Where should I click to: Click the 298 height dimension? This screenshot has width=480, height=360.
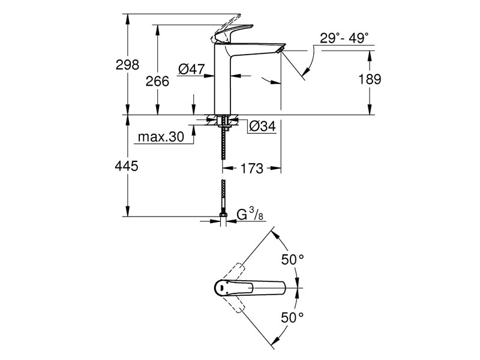[x=127, y=65]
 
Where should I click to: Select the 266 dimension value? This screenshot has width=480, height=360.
[x=157, y=82]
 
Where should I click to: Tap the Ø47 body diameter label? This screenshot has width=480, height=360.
[x=191, y=69]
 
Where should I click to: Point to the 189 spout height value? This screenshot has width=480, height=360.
[x=370, y=79]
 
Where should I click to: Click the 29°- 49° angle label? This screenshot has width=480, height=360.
[x=344, y=38]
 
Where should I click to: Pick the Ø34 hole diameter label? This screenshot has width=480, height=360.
[x=262, y=126]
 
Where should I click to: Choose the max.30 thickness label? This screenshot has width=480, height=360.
[x=161, y=137]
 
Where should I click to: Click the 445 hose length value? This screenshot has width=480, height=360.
[x=127, y=166]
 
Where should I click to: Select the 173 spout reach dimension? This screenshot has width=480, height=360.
[x=251, y=169]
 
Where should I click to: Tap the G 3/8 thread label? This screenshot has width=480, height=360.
[x=250, y=214]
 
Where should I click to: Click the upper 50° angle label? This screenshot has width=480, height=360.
[x=293, y=260]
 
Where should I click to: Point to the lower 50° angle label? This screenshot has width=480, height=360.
[x=293, y=317]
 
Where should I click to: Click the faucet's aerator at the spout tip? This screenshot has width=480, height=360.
[x=280, y=49]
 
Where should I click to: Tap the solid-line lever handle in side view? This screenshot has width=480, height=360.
[x=233, y=32]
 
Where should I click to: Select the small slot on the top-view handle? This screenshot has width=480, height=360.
[x=221, y=288]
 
